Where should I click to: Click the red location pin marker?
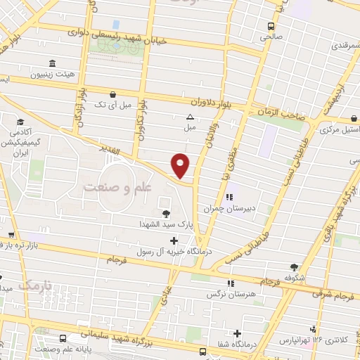(181, 165)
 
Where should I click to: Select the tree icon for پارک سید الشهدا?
(165, 214)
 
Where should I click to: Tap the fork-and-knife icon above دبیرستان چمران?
(229, 197)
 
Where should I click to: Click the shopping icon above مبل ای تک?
(112, 94)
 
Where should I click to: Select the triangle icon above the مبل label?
(190, 117)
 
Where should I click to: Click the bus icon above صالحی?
(271, 26)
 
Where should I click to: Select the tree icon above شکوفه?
(294, 266)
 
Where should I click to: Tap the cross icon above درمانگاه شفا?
(238, 333)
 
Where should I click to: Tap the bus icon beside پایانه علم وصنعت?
(63, 337)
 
